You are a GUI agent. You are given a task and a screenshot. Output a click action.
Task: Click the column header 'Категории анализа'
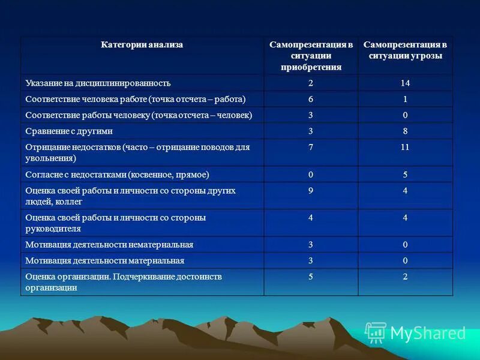pyautogui.click(x=142, y=45)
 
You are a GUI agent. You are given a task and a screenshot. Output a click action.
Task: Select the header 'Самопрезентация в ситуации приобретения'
pyautogui.click(x=311, y=56)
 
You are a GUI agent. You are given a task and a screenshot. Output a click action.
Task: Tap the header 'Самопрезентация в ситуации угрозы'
pyautogui.click(x=406, y=50)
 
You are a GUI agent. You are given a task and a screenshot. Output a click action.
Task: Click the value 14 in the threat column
pyautogui.click(x=406, y=83)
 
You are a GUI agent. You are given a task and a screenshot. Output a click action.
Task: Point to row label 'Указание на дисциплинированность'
pyautogui.click(x=98, y=83)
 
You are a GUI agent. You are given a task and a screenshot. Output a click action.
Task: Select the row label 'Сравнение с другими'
pyautogui.click(x=69, y=131)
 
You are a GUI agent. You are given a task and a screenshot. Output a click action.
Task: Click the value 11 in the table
pyautogui.click(x=405, y=147)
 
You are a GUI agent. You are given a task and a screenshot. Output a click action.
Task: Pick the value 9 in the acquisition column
pyautogui.click(x=311, y=191)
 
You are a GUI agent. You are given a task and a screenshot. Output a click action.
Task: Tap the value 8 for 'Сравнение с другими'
pyautogui.click(x=406, y=131)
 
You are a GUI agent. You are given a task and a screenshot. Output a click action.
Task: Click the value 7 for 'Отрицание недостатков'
pyautogui.click(x=311, y=147)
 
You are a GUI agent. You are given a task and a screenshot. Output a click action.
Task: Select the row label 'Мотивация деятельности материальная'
pyautogui.click(x=104, y=260)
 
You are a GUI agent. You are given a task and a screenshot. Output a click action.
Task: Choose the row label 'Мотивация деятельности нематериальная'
pyautogui.click(x=109, y=244)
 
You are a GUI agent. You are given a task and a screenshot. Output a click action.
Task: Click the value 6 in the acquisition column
pyautogui.click(x=311, y=99)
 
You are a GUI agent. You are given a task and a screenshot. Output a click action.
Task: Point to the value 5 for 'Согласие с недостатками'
pyautogui.click(x=406, y=175)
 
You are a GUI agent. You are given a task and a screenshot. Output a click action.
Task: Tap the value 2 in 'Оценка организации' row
pyautogui.click(x=406, y=277)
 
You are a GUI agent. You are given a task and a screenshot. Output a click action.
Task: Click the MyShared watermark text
pyautogui.click(x=428, y=333)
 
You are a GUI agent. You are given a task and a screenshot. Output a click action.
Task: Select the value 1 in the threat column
pyautogui.click(x=406, y=99)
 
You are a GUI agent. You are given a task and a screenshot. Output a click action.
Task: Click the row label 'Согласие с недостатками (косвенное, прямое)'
pyautogui.click(x=117, y=175)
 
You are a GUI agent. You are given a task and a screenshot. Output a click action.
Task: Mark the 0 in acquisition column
pyautogui.click(x=311, y=175)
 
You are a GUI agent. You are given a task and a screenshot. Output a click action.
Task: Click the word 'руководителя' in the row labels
pyautogui.click(x=53, y=229)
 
